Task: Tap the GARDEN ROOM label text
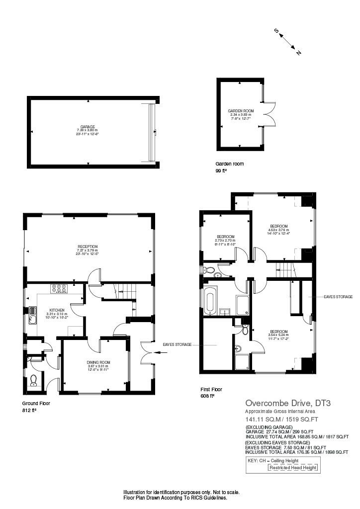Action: pos(241,111)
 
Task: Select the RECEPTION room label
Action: pos(87,246)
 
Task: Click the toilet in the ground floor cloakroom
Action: pos(34,380)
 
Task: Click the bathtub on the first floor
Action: pos(210,301)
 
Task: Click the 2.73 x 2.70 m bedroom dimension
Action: pos(225,241)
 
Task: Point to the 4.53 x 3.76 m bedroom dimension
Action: pos(278,230)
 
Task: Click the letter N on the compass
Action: pos(298,53)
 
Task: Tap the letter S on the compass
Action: pos(276,31)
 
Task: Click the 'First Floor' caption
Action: pos(211,389)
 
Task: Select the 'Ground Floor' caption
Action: pos(36,404)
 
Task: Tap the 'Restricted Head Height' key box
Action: pos(292,468)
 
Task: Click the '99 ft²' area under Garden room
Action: pos(221,170)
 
